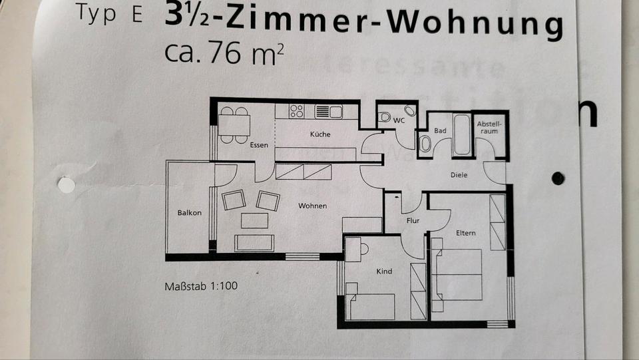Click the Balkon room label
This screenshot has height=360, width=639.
[189, 213]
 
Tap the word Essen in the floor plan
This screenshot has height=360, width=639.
[259, 145]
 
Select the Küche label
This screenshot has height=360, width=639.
[320, 134]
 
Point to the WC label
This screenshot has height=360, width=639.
[399, 120]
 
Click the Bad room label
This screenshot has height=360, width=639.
[440, 131]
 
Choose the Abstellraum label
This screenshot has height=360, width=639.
[489, 128]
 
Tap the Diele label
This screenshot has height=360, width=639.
[459, 175]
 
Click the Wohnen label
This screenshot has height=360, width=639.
[312, 206]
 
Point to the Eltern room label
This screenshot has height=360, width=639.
[465, 233]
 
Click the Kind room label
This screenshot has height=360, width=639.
[384, 271]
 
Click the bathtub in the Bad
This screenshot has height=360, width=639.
[461, 134]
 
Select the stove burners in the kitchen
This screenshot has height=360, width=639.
[297, 111]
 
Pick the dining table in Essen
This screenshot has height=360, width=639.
[234, 125]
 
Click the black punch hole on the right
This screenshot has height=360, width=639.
[558, 178]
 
